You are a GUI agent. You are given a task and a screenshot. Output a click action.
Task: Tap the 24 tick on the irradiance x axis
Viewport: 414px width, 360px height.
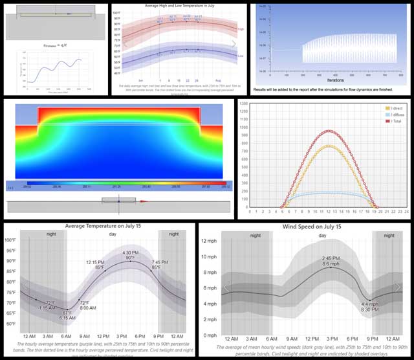pyautogui.click(x=406, y=211)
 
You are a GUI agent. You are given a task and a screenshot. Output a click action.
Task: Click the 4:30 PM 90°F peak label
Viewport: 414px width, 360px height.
pyautogui.click(x=131, y=255)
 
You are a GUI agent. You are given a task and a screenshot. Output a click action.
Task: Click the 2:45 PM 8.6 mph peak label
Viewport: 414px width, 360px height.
pyautogui.click(x=331, y=262)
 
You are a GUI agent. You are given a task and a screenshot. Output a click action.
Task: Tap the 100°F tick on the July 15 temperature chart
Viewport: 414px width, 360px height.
pyautogui.click(x=10, y=240)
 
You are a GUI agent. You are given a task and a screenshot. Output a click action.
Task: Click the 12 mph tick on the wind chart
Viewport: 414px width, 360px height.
pyautogui.click(x=209, y=241)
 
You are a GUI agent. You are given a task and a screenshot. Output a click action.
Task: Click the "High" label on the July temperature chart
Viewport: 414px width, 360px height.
pyautogui.click(x=241, y=29)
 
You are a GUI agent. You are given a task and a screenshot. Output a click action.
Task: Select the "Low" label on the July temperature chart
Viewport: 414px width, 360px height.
pyautogui.click(x=241, y=56)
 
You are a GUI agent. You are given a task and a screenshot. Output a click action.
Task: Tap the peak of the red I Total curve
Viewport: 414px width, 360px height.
pyautogui.click(x=331, y=131)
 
